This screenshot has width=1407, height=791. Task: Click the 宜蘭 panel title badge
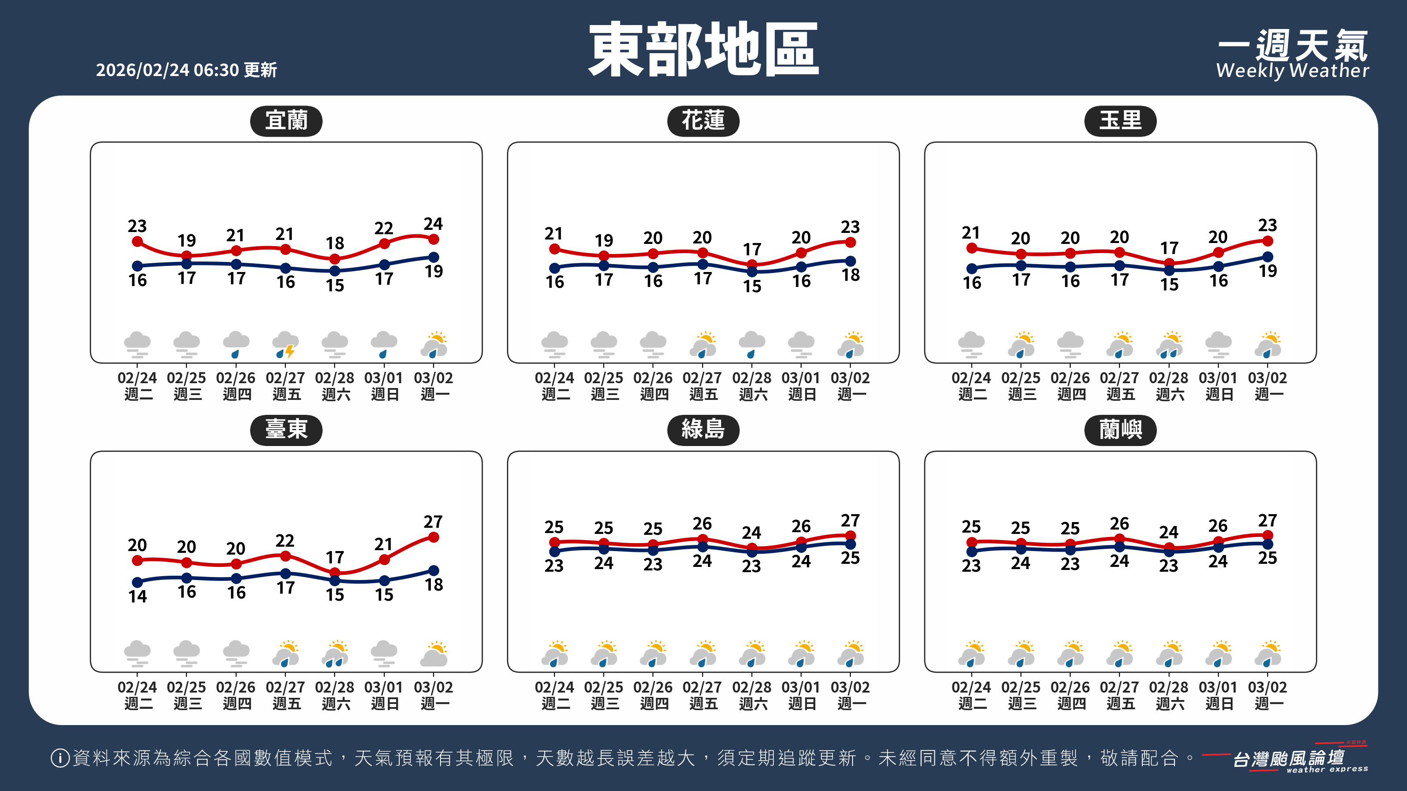coord(286,121)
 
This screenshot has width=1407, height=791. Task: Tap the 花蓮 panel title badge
coord(703,121)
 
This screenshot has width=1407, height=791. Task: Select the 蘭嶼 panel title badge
coord(1120,430)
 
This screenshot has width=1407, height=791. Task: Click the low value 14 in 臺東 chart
coord(138,596)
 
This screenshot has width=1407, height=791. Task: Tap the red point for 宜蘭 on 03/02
coord(434,239)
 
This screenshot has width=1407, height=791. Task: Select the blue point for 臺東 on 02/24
coord(138,582)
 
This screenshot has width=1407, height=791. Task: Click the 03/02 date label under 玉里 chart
coord(1267,378)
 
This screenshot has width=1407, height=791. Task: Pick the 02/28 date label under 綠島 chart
coord(751,687)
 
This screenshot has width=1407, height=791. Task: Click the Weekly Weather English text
coord(1292,71)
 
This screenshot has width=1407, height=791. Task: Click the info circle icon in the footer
coord(59,758)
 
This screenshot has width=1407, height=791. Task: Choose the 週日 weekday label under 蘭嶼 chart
coord(1218,704)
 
